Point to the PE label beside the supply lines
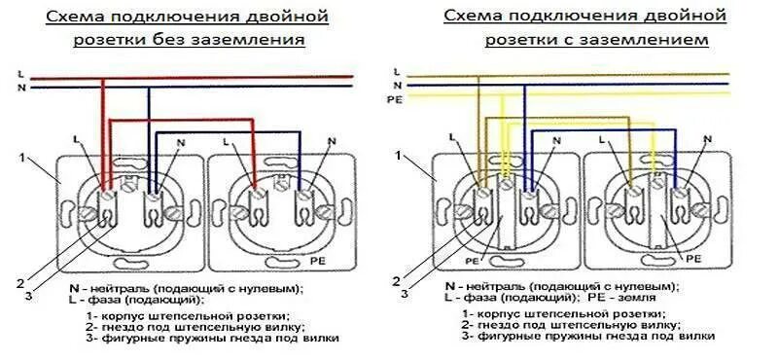[x=394, y=98]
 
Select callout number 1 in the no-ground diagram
[x=20, y=156]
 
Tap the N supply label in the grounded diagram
[x=396, y=85]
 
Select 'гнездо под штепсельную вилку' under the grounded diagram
[x=575, y=325]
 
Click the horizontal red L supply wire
[x=194, y=76]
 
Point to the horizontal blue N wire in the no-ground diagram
[x=194, y=88]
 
